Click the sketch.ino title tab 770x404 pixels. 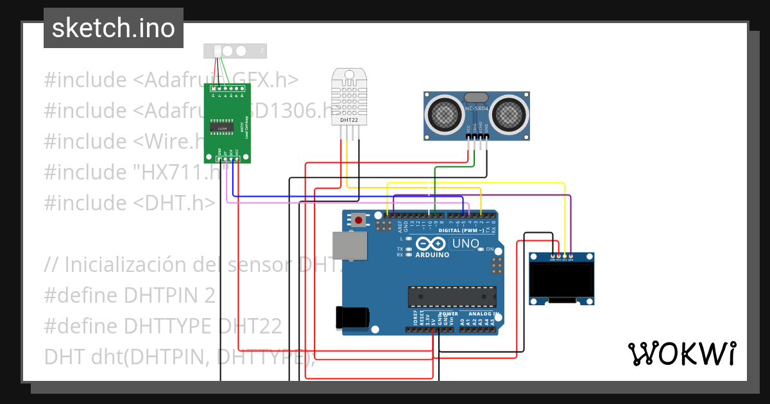point(113,28)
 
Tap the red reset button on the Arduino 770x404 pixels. point(359,221)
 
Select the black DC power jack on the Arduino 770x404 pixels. point(352,317)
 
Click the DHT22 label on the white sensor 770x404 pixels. point(349,119)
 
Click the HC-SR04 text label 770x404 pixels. point(477,109)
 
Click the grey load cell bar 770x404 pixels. point(235,51)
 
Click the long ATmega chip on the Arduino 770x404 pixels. point(452,296)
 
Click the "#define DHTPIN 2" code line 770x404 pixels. point(130,296)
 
